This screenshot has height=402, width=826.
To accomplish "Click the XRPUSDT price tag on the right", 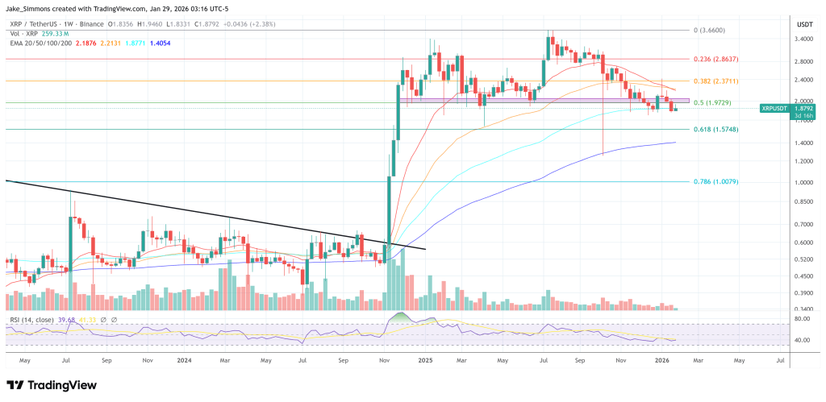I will click(777, 108).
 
